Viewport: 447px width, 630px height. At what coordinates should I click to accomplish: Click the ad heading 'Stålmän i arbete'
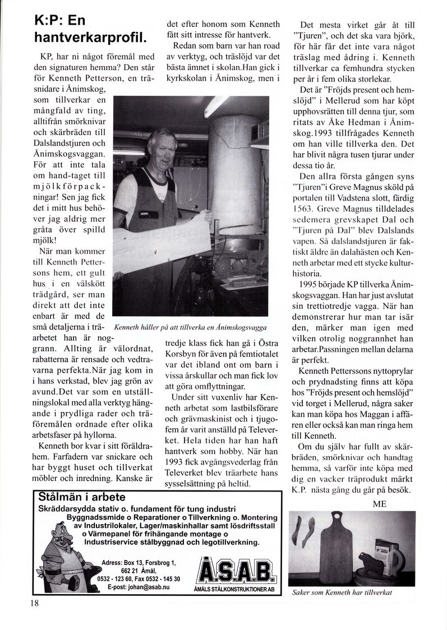tap(82, 497)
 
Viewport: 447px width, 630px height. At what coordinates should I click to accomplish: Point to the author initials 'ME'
tap(379, 503)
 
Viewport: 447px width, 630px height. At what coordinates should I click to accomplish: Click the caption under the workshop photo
tap(190, 327)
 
